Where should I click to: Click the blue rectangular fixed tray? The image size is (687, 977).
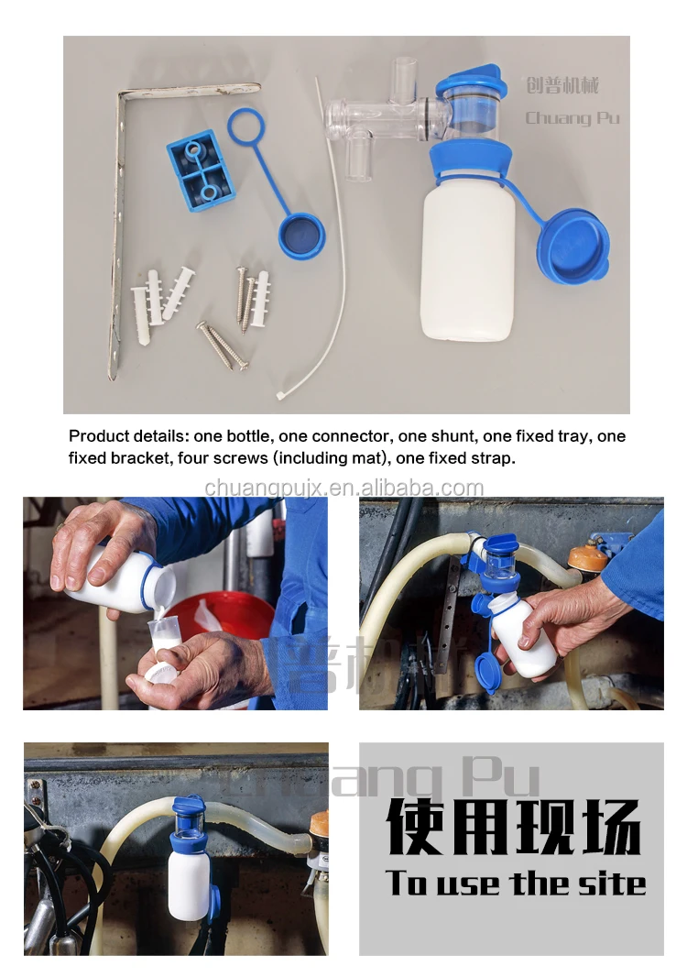tap(200, 170)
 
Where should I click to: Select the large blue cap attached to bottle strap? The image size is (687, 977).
tap(572, 247)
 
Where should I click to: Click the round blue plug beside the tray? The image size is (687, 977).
tap(301, 235)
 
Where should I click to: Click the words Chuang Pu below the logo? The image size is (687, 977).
tap(572, 117)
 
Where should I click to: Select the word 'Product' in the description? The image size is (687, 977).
tap(98, 436)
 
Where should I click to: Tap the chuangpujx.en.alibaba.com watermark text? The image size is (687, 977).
tap(343, 488)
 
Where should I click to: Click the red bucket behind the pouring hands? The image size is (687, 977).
tap(229, 623)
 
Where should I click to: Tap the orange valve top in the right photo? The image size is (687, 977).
tap(587, 555)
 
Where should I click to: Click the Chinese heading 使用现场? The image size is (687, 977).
tap(513, 827)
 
